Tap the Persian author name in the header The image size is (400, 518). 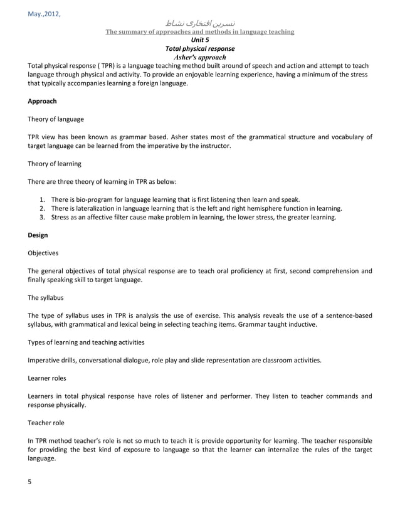(200, 23)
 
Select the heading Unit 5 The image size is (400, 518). (200, 40)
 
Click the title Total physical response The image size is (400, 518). (199, 48)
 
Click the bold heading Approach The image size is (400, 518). (43, 101)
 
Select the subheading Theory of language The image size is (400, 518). (56, 119)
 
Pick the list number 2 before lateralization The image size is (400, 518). (41, 208)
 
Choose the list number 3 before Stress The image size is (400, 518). (41, 217)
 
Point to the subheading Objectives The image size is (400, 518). (43, 253)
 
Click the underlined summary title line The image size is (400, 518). (199, 31)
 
